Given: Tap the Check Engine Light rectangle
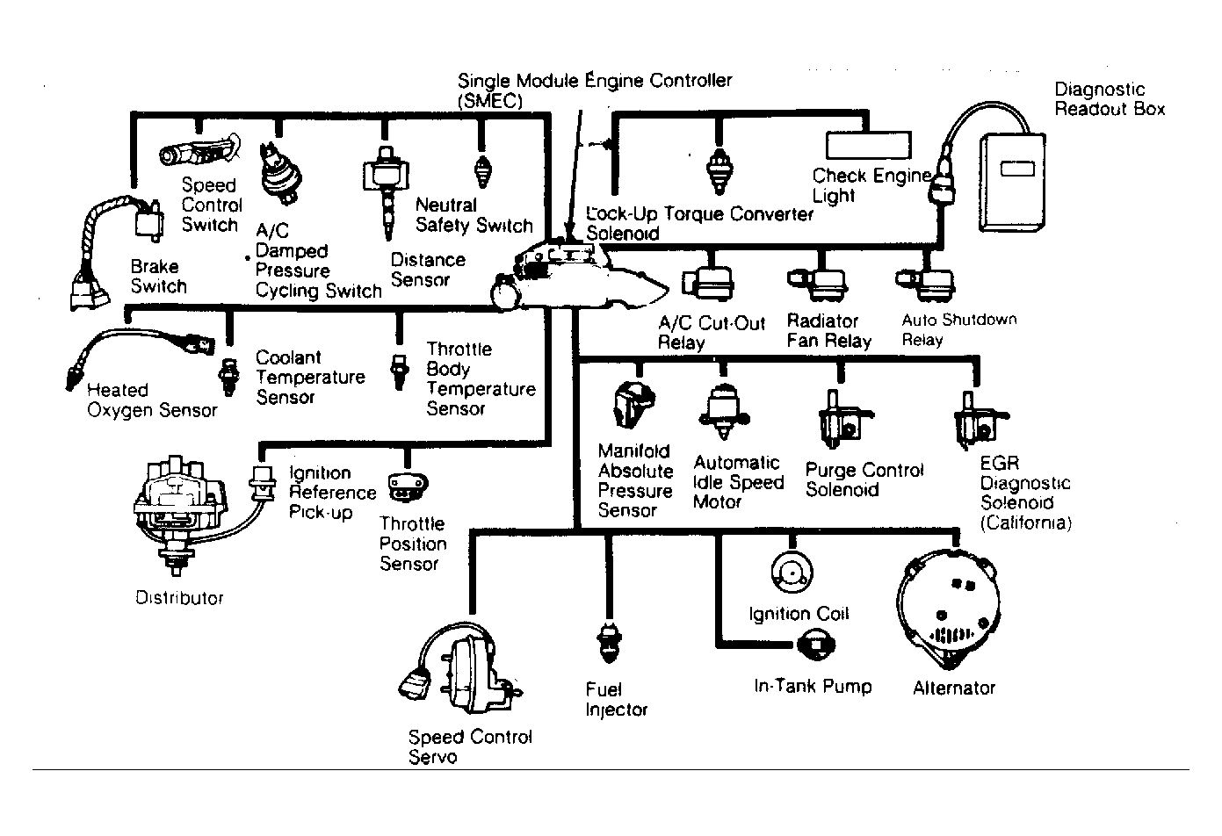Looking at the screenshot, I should tap(868, 145).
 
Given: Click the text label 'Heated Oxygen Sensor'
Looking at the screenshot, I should tap(152, 400).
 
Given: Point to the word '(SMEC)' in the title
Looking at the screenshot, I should tap(489, 101).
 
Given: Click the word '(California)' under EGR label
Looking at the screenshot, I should tap(1025, 523).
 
